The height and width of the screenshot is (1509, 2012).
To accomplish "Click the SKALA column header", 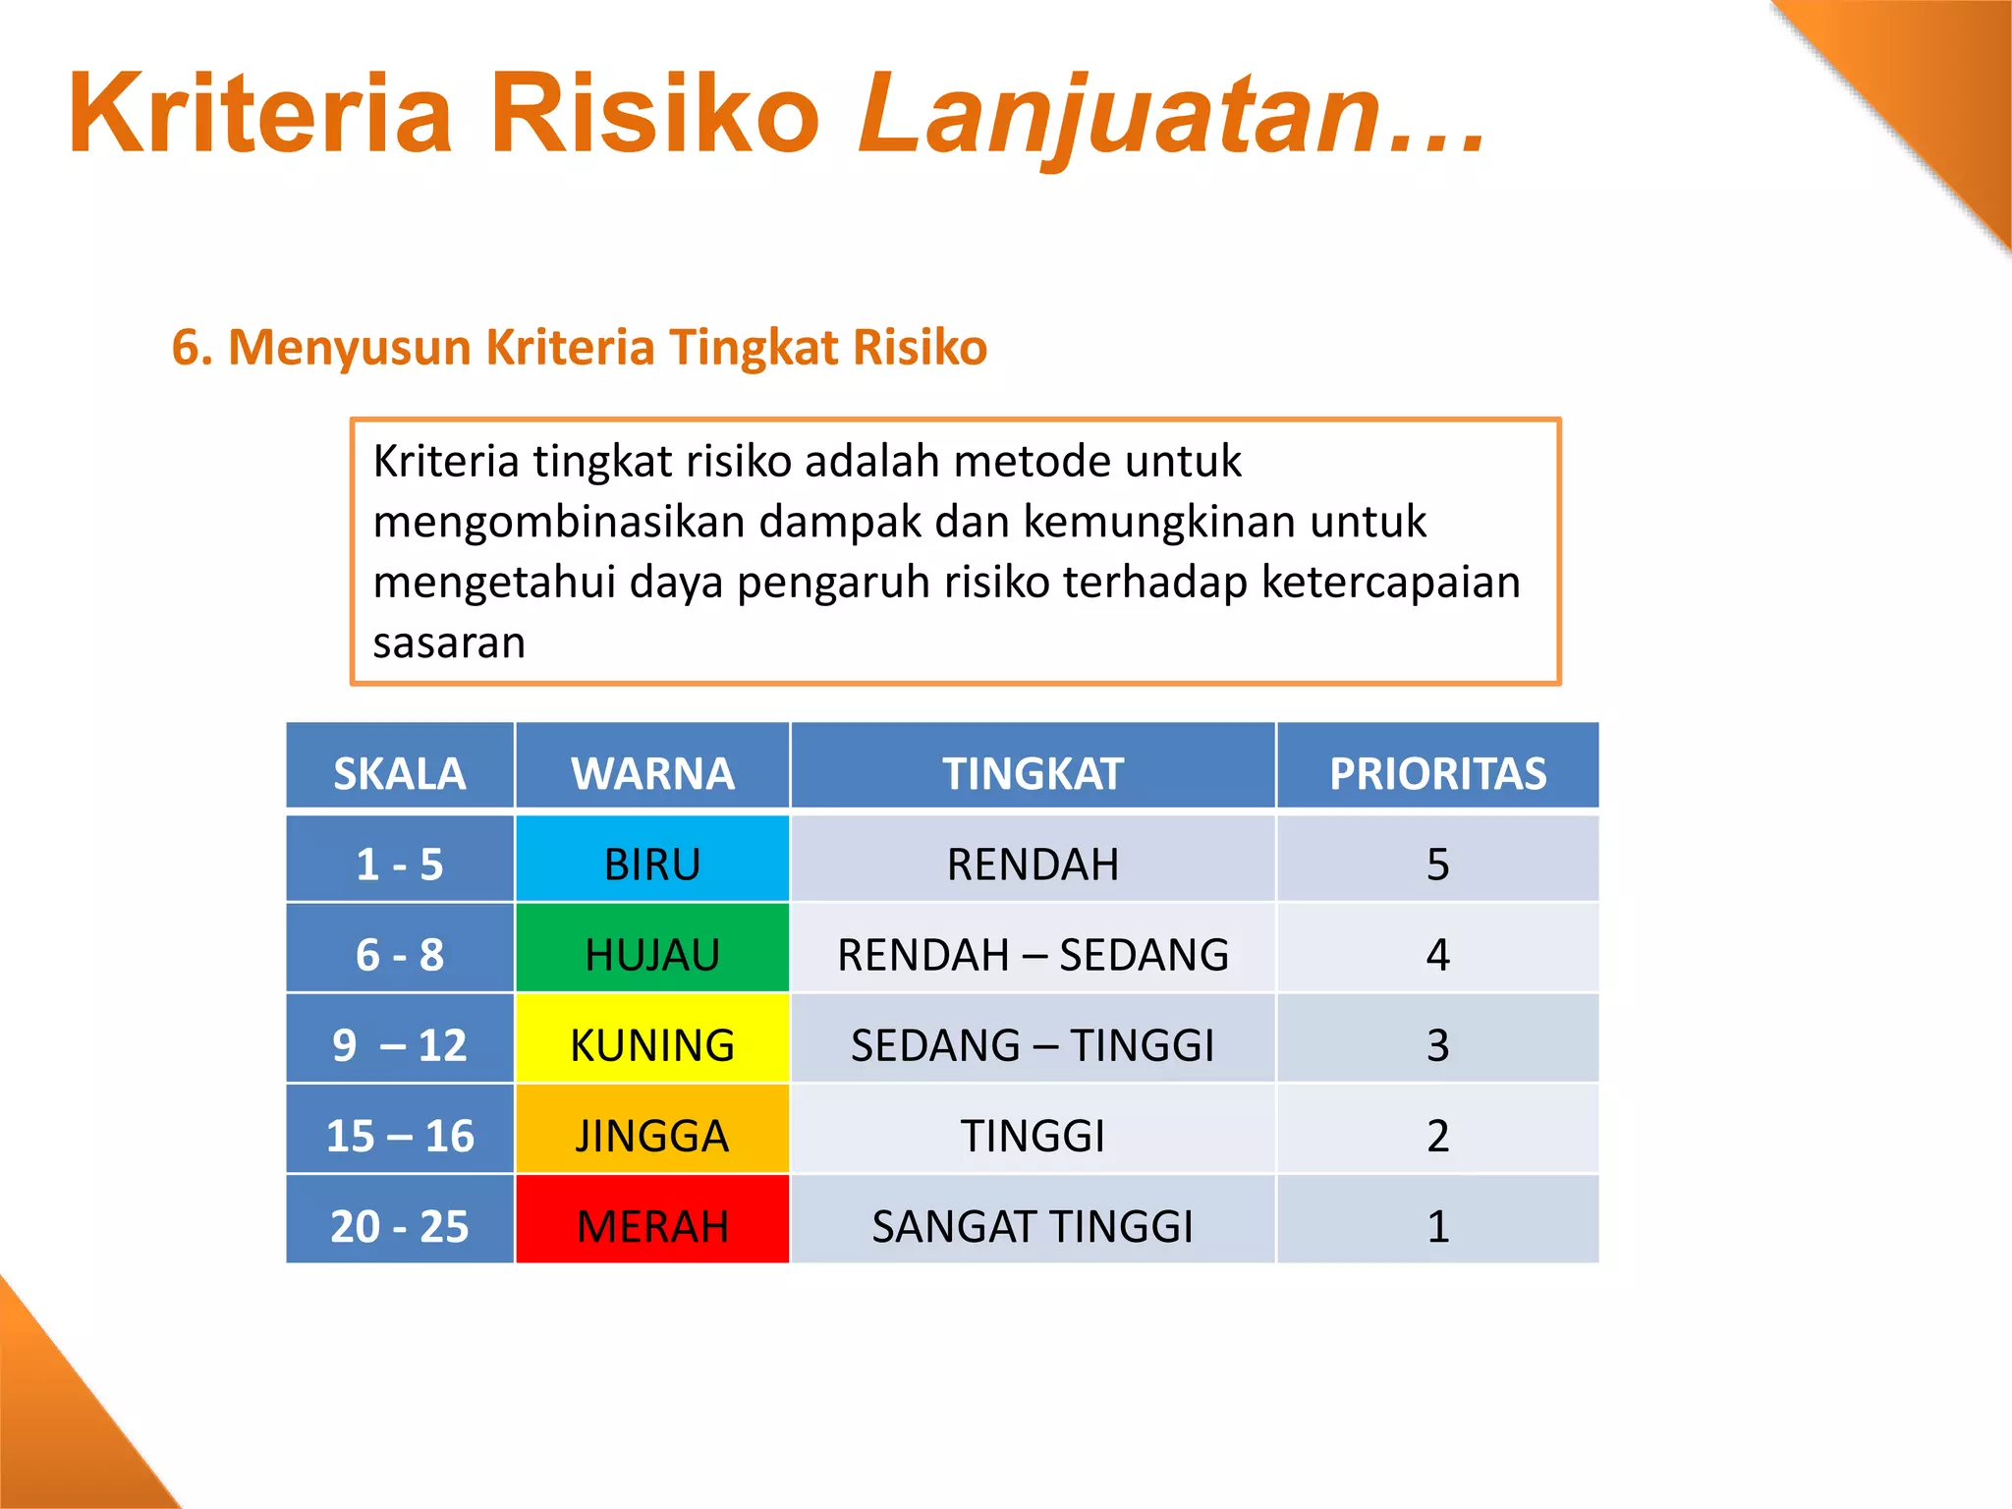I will [x=399, y=773].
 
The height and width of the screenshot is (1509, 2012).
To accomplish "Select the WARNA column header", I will [x=652, y=773].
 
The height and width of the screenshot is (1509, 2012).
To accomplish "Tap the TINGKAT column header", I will [x=1033, y=773].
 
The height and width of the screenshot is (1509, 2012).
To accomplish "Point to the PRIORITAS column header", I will [x=1437, y=773].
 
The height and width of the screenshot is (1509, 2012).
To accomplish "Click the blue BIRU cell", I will [x=652, y=864].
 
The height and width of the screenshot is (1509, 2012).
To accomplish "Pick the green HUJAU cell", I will [x=652, y=954].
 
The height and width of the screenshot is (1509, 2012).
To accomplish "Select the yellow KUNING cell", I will [x=652, y=1044].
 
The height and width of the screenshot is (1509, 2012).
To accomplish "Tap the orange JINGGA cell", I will [x=652, y=1136].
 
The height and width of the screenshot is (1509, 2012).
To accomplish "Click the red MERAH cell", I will [x=652, y=1226].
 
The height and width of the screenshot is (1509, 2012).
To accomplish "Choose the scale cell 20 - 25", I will [x=399, y=1226].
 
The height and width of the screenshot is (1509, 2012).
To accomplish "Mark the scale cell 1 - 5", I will [x=399, y=864].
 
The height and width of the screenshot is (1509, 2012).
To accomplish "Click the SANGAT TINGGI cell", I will [x=1033, y=1226].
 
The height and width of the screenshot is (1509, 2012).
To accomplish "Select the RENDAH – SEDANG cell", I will [x=1033, y=954].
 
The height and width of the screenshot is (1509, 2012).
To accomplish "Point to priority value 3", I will [x=1437, y=1044].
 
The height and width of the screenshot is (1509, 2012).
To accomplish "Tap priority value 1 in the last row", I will [x=1437, y=1226].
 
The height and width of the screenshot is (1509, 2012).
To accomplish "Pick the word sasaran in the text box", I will [x=449, y=643].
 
